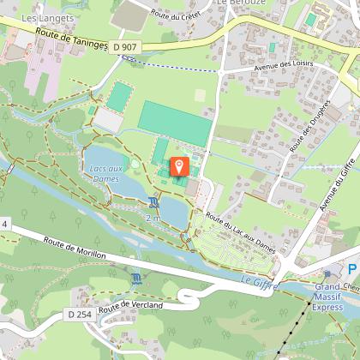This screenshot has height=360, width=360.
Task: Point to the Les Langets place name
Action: pos(40,17)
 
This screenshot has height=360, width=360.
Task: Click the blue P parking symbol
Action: pos(351,270)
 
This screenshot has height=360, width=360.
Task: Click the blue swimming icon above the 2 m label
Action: pos(153,202)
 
